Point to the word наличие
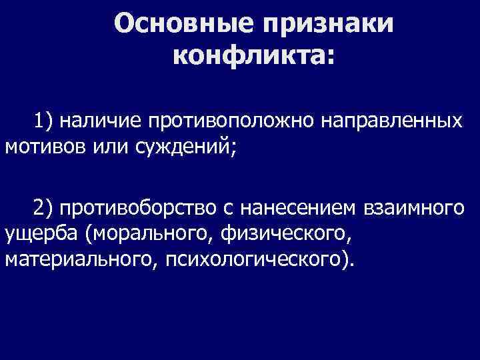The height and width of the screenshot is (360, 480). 101,121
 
